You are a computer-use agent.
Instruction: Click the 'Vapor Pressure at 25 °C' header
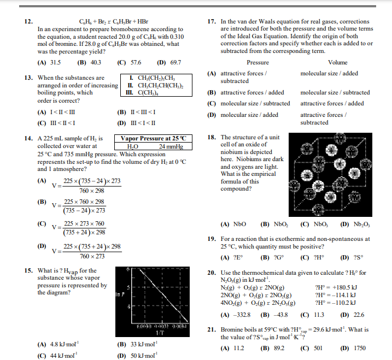[153, 138]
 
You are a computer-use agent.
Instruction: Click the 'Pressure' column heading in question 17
[258, 63]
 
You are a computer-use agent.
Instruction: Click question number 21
[213, 330]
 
